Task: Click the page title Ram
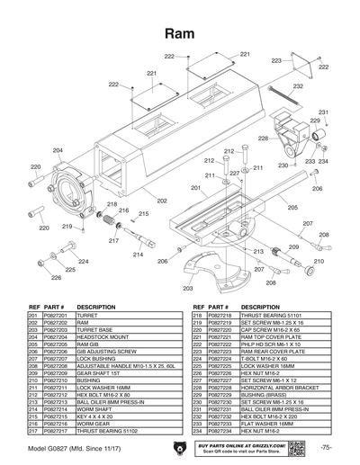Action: (x=180, y=33)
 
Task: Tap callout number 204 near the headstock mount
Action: (x=58, y=150)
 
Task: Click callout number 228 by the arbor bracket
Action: (x=262, y=139)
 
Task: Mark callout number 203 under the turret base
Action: (x=187, y=289)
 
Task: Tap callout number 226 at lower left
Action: (x=55, y=278)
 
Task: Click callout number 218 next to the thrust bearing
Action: (x=112, y=206)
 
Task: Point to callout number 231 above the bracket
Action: (x=323, y=112)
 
